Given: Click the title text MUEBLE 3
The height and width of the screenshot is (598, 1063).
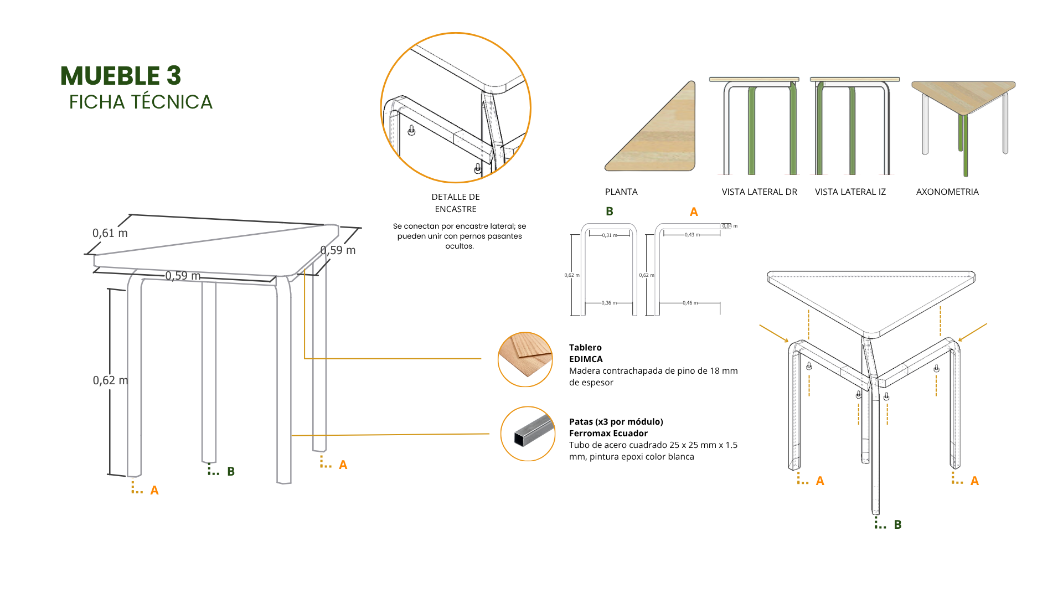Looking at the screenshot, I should coord(121,76).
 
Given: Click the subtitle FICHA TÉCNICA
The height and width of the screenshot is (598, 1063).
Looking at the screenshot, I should coord(141,102).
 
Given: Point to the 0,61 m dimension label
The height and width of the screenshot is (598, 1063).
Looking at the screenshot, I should coord(110,233).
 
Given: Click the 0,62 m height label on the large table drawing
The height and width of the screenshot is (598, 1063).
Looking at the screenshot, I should coord(110,380).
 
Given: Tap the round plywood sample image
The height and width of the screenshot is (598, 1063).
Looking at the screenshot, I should coord(525,359).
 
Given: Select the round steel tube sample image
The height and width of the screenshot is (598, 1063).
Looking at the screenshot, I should coord(528,434).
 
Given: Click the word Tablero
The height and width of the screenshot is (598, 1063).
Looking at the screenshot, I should coord(585,347).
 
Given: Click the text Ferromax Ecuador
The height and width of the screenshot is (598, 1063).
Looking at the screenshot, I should coord(608,433).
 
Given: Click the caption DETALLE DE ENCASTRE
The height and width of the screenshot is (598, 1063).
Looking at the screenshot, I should coord(456,203).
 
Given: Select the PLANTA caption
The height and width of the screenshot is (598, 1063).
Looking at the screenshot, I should coord(621,192).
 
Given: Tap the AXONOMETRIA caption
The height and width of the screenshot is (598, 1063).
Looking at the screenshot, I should coord(947,192).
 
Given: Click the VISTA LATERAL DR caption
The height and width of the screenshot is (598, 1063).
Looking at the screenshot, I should coord(759,192).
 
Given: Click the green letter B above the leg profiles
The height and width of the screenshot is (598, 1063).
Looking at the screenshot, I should coord(610,212).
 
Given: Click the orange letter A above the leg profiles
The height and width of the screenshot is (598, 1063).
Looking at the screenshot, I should coord(694,212).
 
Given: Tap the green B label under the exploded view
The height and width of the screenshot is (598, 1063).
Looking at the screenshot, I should coord(897,524).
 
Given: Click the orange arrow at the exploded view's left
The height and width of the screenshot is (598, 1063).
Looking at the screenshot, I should coord(773,333).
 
